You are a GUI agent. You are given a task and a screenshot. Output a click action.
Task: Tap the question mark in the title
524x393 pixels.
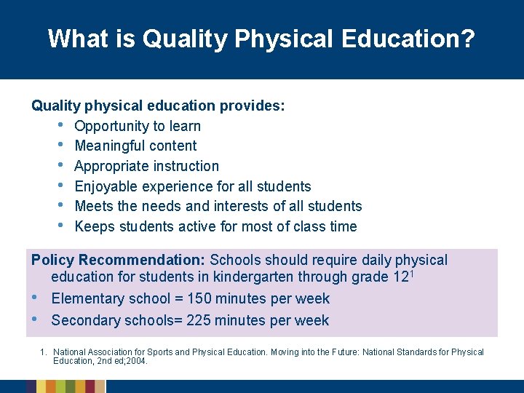click(x=468, y=39)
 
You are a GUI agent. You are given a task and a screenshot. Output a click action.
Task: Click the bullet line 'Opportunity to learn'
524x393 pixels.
click(x=138, y=126)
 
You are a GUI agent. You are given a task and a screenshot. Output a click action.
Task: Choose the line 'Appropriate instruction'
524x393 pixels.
click(x=146, y=166)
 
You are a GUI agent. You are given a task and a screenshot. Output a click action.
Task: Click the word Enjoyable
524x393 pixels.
click(x=106, y=186)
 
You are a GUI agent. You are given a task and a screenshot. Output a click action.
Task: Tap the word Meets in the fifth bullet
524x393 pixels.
click(x=93, y=206)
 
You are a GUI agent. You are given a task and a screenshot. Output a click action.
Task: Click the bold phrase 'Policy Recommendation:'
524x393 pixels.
click(x=118, y=261)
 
